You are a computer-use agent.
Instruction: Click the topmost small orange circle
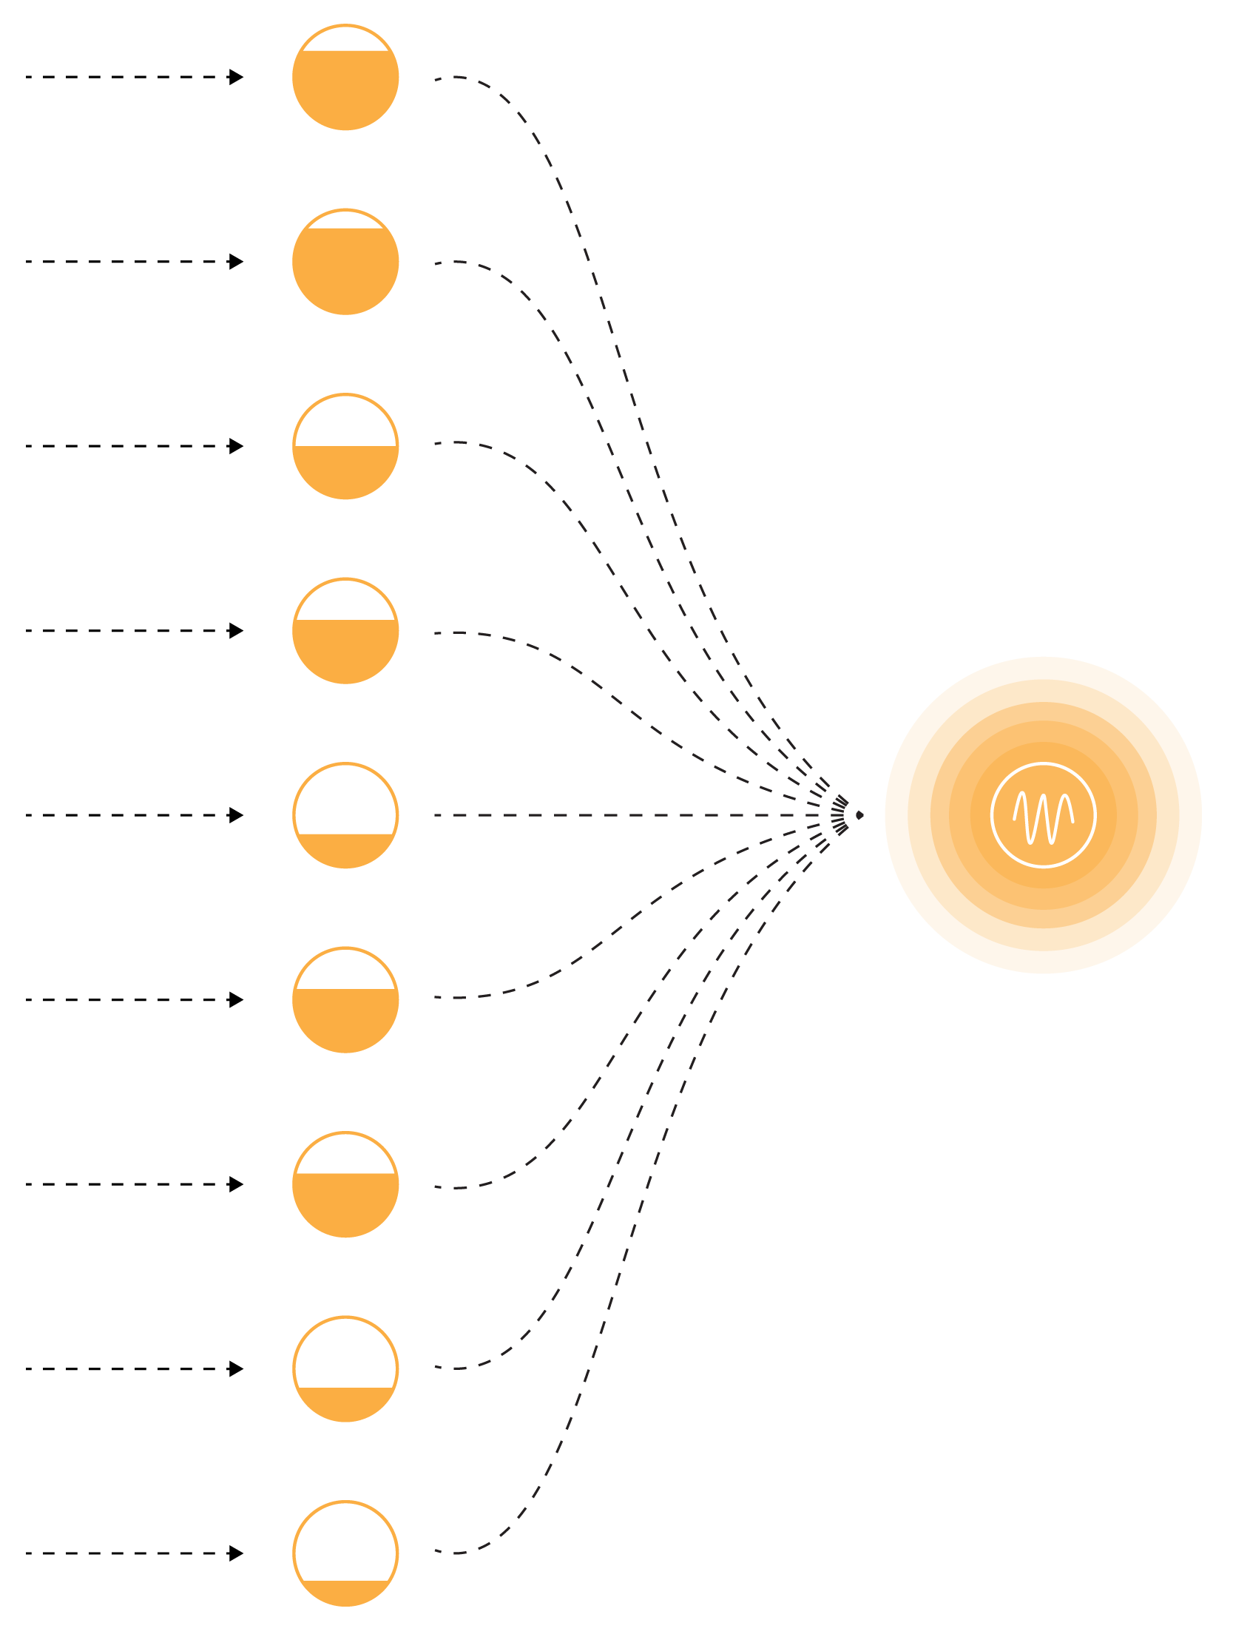pyautogui.click(x=345, y=78)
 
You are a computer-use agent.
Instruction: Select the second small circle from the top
pyautogui.click(x=345, y=262)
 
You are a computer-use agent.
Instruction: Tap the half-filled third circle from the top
pyautogui.click(x=345, y=447)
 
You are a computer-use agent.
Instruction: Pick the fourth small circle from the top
pyautogui.click(x=345, y=631)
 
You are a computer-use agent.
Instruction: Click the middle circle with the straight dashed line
pyautogui.click(x=345, y=815)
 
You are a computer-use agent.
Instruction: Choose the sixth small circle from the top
pyautogui.click(x=345, y=999)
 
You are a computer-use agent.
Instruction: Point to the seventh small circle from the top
pyautogui.click(x=345, y=1184)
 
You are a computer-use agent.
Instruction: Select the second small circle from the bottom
pyautogui.click(x=345, y=1368)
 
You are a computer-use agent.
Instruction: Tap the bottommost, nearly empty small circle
pyautogui.click(x=345, y=1553)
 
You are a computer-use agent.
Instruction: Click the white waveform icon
pyautogui.click(x=1043, y=815)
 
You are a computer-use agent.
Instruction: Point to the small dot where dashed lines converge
pyautogui.click(x=859, y=815)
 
